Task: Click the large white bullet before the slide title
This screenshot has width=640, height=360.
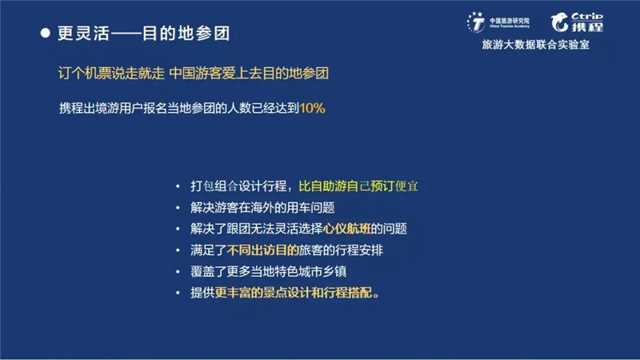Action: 46,33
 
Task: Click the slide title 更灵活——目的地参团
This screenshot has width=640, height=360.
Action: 144,34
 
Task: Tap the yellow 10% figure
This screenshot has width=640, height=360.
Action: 312,108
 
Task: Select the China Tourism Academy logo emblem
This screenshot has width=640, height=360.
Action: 476,22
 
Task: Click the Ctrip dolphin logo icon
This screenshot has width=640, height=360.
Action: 559,22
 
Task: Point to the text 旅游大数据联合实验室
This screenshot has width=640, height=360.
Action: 535,45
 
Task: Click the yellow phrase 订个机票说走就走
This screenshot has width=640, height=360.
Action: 111,74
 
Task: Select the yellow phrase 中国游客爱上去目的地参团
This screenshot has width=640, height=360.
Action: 249,74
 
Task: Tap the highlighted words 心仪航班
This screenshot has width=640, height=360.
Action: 347,229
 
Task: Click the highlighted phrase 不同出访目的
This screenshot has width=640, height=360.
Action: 263,250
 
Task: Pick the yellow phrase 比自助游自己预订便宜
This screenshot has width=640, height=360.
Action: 358,186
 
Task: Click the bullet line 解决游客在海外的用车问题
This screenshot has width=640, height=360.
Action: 262,207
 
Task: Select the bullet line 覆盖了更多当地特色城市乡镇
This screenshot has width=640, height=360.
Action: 269,271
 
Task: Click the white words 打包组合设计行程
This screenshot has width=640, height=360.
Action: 238,186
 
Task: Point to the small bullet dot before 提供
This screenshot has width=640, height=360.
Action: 178,293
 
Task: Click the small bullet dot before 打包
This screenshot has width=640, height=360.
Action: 178,186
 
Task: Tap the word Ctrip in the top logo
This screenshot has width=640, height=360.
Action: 587,16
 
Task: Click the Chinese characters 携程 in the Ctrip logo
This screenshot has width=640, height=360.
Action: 587,27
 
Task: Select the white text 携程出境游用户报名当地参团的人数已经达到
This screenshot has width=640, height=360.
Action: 179,108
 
